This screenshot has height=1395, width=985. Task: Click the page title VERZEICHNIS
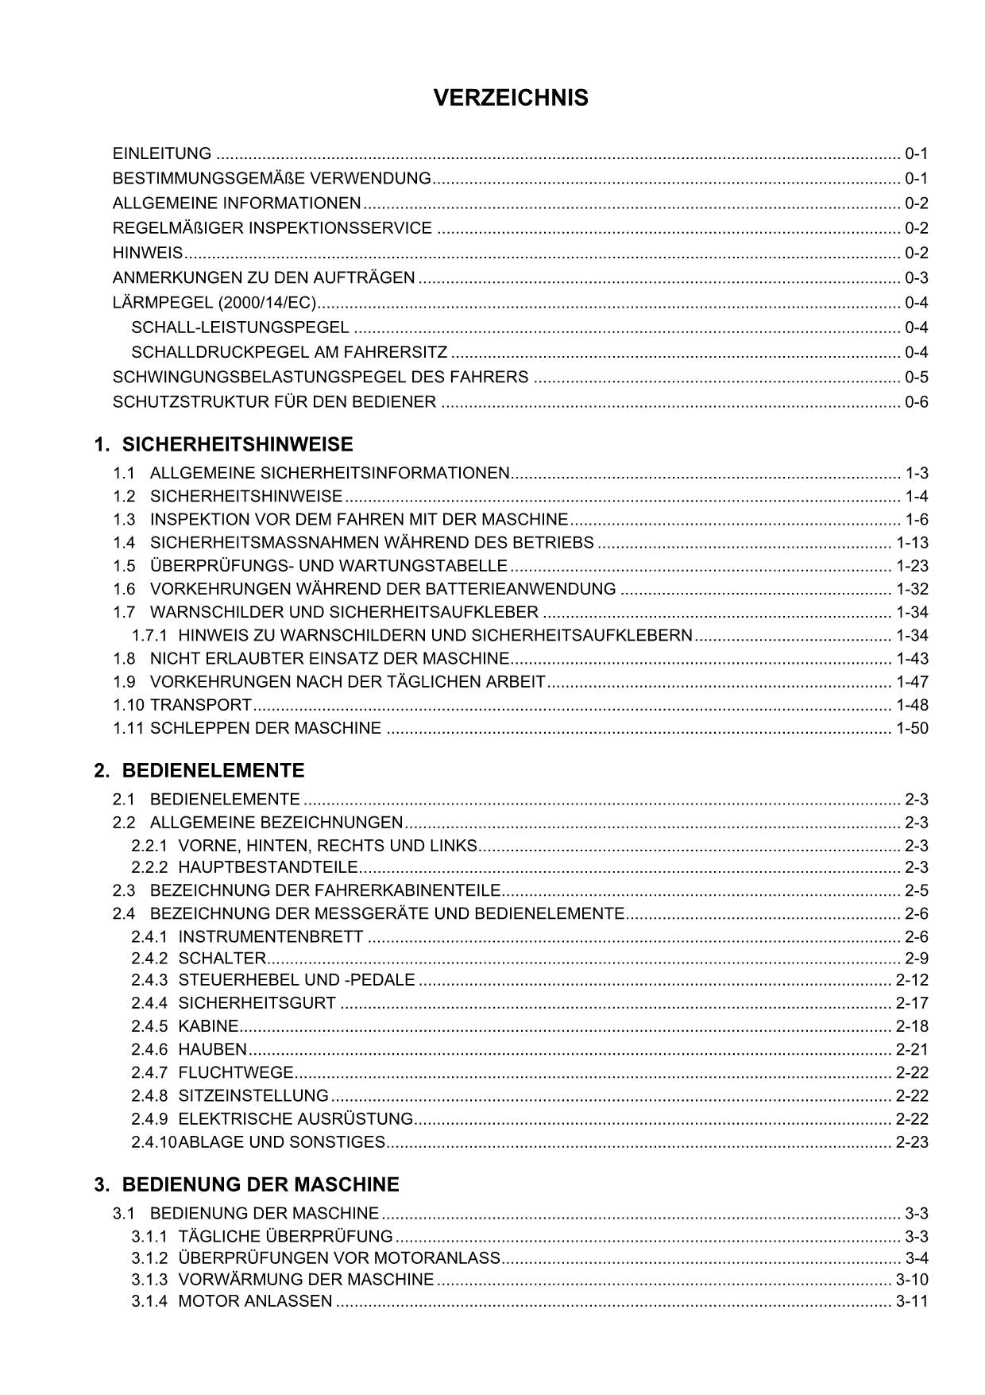click(511, 98)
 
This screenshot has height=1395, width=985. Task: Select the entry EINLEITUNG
click(162, 153)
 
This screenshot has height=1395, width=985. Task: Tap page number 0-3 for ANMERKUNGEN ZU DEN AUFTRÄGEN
click(916, 277)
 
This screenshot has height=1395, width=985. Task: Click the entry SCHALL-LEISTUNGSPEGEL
click(240, 327)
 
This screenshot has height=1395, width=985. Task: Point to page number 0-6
click(916, 401)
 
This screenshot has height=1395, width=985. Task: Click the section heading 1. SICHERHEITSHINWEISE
click(223, 444)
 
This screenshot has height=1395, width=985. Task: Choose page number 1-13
click(912, 543)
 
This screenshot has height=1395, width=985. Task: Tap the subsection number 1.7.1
click(149, 635)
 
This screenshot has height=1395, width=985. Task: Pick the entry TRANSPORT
click(201, 705)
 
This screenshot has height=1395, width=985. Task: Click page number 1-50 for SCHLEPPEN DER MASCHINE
click(912, 728)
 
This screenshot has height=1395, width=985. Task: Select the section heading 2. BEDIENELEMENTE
click(199, 770)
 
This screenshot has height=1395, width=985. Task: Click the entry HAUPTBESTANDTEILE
click(268, 867)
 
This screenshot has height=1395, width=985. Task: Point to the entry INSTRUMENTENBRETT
click(270, 936)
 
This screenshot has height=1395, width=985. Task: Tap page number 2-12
click(912, 980)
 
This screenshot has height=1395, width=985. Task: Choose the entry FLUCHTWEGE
click(236, 1072)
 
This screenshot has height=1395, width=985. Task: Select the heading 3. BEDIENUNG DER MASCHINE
click(246, 1184)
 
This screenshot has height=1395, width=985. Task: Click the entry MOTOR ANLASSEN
click(255, 1301)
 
